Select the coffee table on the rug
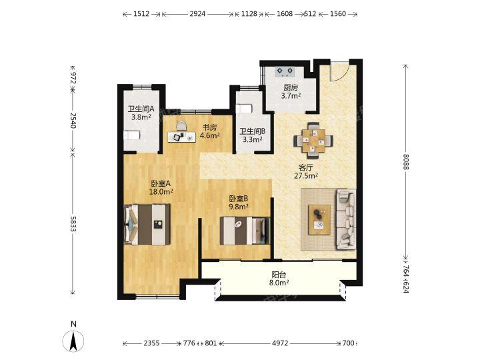[319, 220]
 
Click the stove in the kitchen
[285, 71]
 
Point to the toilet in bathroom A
[131, 135]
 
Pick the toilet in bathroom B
[244, 109]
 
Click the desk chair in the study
[181, 126]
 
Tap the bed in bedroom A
[147, 225]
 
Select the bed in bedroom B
[245, 231]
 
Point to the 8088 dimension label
[406, 161]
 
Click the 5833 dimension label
[73, 224]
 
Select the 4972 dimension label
[280, 343]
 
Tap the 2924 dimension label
[197, 14]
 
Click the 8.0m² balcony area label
[279, 283]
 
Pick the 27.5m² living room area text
[306, 176]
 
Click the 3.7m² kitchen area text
[291, 95]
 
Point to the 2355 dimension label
[151, 343]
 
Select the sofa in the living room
[346, 219]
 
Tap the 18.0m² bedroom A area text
[161, 192]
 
